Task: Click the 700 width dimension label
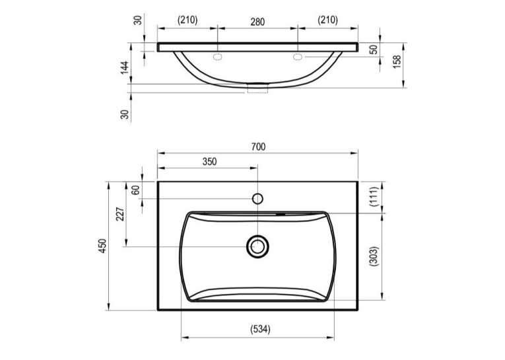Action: tap(258, 147)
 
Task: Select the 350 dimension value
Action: tap(210, 161)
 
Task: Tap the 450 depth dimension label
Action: tap(102, 246)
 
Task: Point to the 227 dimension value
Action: tap(119, 214)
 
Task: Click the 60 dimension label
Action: tap(136, 190)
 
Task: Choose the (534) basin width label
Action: tap(260, 329)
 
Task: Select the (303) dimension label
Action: tap(374, 256)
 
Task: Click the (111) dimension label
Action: tap(374, 197)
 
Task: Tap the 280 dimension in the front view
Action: tap(257, 22)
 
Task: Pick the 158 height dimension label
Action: tap(397, 62)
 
